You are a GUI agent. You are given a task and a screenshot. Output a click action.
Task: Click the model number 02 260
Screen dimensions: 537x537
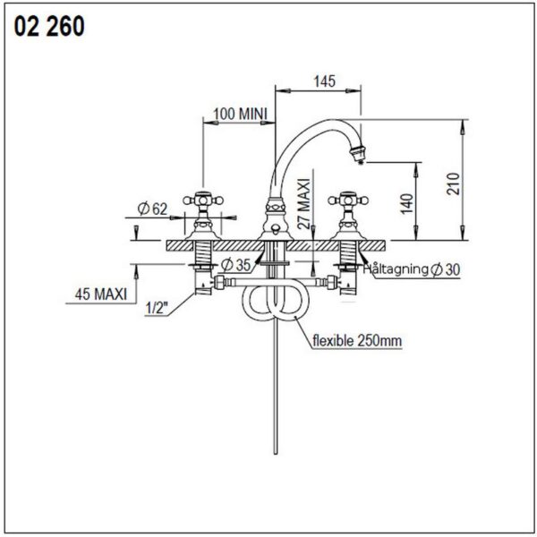click(x=49, y=27)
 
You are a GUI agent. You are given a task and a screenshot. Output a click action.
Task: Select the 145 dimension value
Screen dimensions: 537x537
click(x=324, y=81)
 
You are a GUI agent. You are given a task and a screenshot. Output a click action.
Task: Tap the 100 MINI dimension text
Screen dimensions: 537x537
click(x=240, y=114)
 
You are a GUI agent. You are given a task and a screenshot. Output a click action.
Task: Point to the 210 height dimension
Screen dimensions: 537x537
click(x=453, y=183)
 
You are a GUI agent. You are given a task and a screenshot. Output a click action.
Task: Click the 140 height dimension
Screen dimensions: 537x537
click(x=407, y=203)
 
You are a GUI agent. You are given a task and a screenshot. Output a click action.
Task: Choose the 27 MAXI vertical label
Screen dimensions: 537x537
click(x=303, y=203)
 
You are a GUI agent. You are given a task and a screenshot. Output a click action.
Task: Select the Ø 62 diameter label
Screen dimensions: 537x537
click(x=152, y=209)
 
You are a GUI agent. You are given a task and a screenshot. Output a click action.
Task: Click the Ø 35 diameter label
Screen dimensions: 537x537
click(x=236, y=264)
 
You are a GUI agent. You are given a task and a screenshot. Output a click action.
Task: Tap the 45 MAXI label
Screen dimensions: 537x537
click(x=100, y=294)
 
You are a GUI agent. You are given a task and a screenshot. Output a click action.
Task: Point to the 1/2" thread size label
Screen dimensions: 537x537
click(x=157, y=308)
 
